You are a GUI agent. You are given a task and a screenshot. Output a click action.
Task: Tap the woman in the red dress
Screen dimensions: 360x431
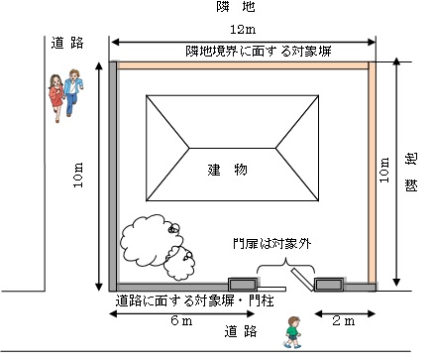point(56,96)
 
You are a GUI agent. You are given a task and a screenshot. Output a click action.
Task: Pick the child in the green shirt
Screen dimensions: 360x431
point(292,329)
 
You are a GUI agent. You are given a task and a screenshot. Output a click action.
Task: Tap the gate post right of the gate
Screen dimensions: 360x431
point(328,286)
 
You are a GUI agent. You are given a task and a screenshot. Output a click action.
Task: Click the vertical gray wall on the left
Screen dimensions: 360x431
point(114,174)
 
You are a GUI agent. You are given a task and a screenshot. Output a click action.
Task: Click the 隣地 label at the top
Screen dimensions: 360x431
point(241,8)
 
